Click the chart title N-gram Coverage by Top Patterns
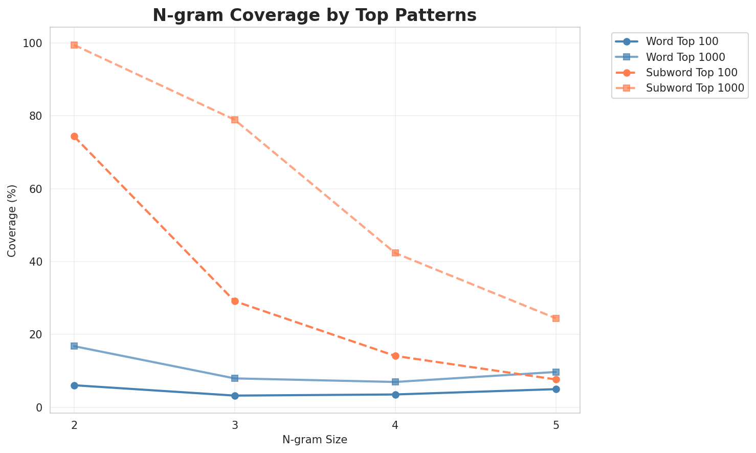(315, 15)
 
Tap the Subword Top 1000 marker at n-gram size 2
(74, 45)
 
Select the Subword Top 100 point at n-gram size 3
(235, 301)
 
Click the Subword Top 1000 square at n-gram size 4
(395, 253)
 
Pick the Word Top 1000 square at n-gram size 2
(74, 346)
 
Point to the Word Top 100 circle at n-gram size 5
(556, 389)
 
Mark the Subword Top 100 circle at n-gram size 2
(74, 137)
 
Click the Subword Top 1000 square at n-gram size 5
(556, 318)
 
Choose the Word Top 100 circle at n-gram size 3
(235, 396)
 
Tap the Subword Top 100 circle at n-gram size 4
(395, 356)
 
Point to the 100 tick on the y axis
(33, 44)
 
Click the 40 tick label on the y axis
(36, 262)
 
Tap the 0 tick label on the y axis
(39, 408)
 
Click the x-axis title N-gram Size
(315, 440)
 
